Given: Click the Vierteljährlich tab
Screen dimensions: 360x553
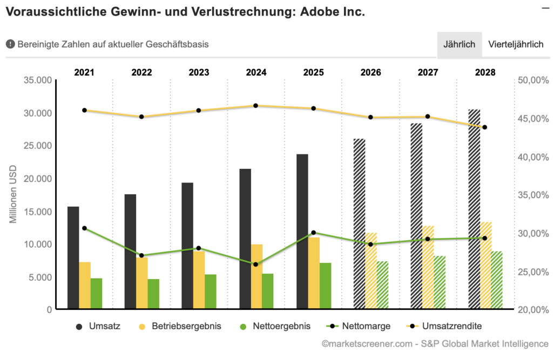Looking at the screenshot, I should [x=516, y=44].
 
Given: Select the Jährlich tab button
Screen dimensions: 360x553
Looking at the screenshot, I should [x=459, y=44].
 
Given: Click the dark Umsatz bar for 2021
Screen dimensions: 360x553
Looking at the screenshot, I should [x=73, y=258].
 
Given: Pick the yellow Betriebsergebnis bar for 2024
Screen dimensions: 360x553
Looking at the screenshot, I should [x=257, y=277].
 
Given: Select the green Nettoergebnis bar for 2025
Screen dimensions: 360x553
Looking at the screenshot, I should [x=325, y=286].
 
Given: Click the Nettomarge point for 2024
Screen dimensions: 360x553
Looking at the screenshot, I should [x=255, y=264].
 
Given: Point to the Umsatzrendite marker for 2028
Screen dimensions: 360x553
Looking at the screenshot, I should [x=484, y=127].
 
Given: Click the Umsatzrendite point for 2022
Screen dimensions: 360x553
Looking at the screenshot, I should [x=141, y=117].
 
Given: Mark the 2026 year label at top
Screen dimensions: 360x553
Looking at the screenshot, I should [x=370, y=72].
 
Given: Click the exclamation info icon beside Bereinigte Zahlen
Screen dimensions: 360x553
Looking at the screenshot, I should [x=10, y=44].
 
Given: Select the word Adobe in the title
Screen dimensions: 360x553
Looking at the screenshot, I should [x=317, y=11].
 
